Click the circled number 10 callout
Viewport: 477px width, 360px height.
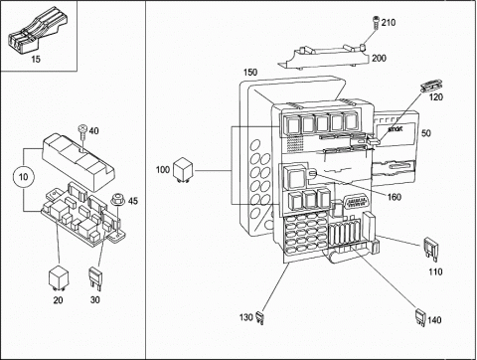pos(23,177)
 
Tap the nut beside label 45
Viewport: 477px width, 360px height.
pos(116,199)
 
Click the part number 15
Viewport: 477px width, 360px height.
pos(36,60)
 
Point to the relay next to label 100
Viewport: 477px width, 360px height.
pos(184,169)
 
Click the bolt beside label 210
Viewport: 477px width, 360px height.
pos(377,22)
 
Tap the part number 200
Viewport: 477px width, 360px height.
pos(379,58)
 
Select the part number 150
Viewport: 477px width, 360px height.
pos(250,73)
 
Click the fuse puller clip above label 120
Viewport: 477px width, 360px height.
pos(431,86)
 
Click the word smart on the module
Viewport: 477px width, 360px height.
pos(396,128)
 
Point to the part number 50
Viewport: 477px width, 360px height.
pos(426,133)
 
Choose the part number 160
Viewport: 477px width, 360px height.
pos(395,197)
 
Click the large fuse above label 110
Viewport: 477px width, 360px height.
pos(431,249)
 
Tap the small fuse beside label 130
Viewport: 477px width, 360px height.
pos(259,318)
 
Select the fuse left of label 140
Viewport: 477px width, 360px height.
pos(420,318)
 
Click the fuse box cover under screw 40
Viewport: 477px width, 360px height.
pos(79,161)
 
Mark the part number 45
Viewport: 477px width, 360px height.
pos(133,201)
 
